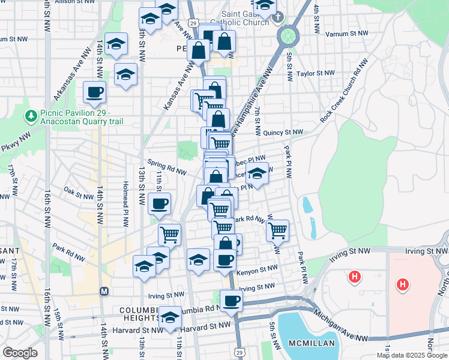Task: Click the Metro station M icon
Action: (104, 291)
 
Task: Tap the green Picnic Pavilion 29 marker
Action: (29, 115)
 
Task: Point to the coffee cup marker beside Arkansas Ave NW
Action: (95, 92)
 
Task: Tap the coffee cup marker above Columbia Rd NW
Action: (231, 301)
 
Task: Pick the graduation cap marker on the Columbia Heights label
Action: (170, 317)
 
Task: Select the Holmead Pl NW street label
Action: (126, 204)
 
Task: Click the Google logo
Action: (20, 352)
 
